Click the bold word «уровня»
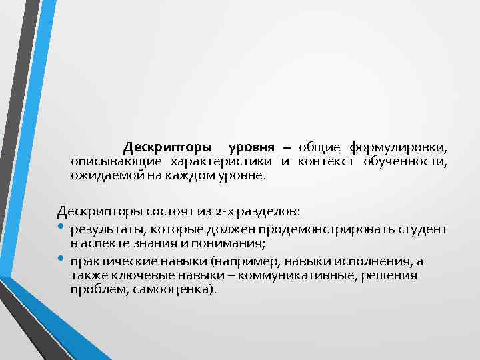point(252,146)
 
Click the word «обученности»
point(405,161)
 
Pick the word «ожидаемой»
point(102,177)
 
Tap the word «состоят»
point(154,212)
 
